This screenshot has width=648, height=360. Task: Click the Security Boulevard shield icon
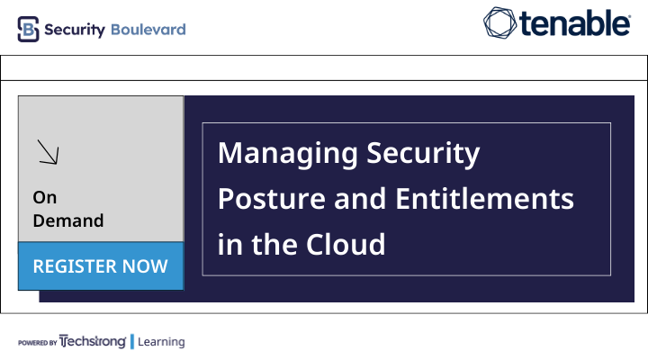point(29,29)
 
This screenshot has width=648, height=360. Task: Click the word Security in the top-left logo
point(74,30)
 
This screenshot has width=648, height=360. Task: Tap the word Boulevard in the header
point(148,30)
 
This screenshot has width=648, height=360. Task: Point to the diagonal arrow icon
point(48,152)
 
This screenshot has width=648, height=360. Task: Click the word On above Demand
point(45,197)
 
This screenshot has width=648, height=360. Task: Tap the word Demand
point(68,220)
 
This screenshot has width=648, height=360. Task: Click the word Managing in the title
point(287,153)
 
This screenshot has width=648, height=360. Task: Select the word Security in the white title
point(423,153)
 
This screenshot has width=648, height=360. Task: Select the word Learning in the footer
point(161,342)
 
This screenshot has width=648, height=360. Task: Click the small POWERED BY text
point(38,343)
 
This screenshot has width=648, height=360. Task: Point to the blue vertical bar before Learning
point(131,342)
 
